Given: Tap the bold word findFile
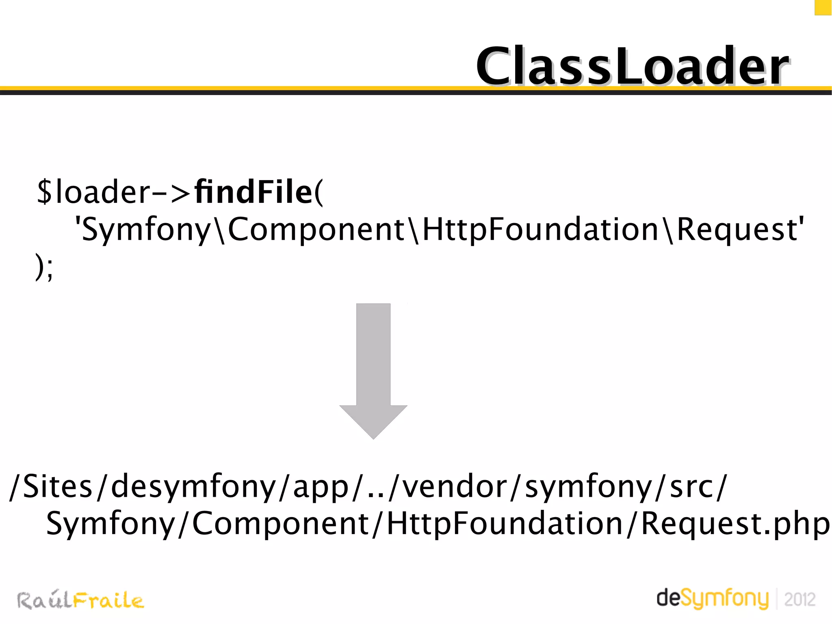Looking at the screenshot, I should pyautogui.click(x=253, y=192).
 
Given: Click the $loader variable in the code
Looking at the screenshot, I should pyautogui.click(x=93, y=192).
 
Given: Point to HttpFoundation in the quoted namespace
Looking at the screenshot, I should pyautogui.click(x=540, y=229).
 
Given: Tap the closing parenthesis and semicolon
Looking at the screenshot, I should pyautogui.click(x=44, y=267).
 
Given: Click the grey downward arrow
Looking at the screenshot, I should pyautogui.click(x=373, y=370).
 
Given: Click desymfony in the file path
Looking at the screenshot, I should pyautogui.click(x=193, y=487).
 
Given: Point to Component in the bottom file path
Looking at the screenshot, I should pyautogui.click(x=280, y=524).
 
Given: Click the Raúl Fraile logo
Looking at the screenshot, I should pyautogui.click(x=80, y=600).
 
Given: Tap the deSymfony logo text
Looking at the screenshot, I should pyautogui.click(x=713, y=598).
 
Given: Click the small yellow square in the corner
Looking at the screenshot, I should pyautogui.click(x=823, y=7).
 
